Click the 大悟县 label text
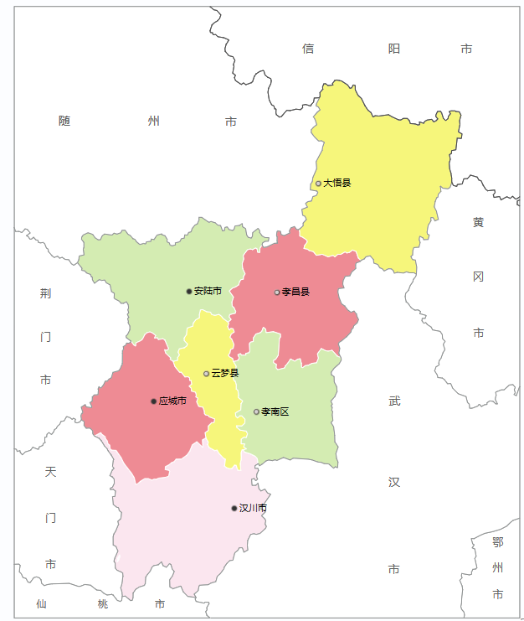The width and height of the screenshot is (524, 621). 337,183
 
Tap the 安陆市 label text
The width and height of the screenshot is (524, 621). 208,291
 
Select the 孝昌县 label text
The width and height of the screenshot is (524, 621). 295,292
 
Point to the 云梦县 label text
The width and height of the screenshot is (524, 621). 224,373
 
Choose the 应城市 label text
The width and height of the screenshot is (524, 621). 172,401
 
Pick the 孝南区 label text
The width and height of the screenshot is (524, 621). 275,411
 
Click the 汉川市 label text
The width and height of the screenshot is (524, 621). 253,508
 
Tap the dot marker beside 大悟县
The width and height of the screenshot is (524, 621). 318,184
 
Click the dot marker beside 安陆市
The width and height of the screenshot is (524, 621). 189,292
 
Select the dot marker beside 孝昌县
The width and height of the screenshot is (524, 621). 277,292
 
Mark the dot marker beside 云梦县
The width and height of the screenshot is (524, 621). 206,374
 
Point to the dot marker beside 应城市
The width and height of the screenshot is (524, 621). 153,401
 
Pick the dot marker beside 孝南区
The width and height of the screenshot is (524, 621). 256,411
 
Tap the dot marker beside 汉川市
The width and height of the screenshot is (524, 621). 234,509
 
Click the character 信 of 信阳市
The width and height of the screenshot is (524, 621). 308,49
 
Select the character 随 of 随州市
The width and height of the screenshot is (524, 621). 64,121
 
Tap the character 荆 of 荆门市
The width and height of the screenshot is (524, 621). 46,293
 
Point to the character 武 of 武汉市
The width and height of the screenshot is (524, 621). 394,401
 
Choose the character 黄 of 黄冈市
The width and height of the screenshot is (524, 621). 478,222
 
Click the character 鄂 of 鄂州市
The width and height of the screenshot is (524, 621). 498,541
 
